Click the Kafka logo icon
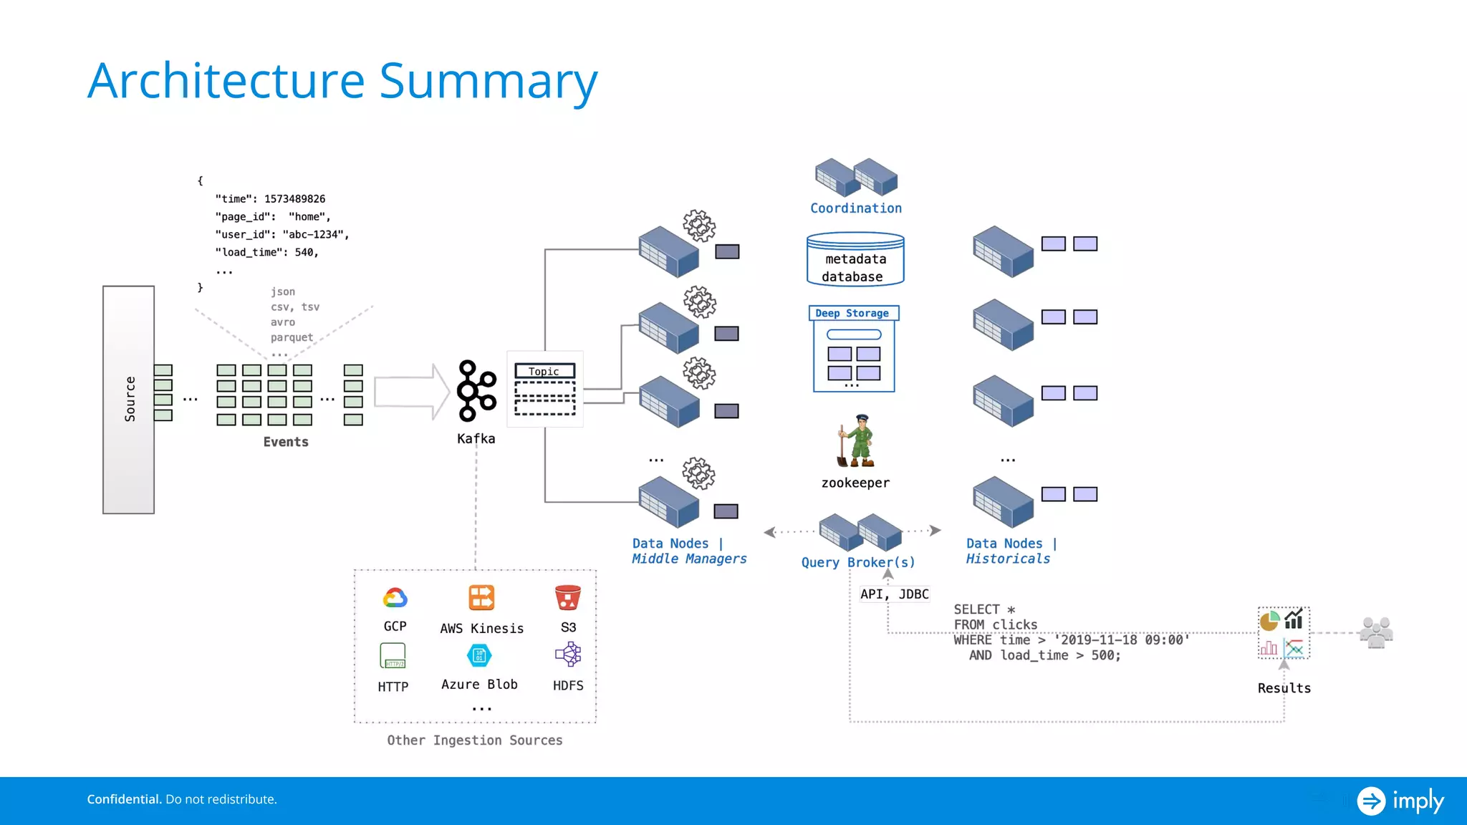click(476, 391)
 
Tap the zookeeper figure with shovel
click(856, 440)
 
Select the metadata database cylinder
click(855, 259)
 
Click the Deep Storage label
click(852, 313)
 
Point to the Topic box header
click(544, 371)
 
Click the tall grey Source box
click(129, 400)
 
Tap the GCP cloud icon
click(395, 597)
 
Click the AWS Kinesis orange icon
click(481, 597)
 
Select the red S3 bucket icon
click(568, 597)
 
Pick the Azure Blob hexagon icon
click(479, 655)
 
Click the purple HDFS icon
click(568, 655)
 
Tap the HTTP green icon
click(393, 655)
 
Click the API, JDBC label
click(894, 594)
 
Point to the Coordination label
click(856, 208)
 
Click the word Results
click(1284, 688)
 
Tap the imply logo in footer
click(1400, 801)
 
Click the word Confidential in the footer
click(124, 799)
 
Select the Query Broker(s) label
click(858, 562)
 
